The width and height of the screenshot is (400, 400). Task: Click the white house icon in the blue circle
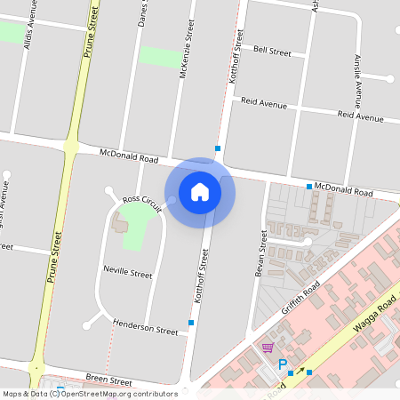pos(200,192)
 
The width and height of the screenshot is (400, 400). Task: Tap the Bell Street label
pos(272,52)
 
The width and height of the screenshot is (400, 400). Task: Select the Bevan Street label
pos(262,252)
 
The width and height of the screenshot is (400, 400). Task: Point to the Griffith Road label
pos(300,300)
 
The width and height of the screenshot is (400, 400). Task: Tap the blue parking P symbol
pos(283,364)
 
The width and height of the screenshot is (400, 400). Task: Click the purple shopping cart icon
pos(268,348)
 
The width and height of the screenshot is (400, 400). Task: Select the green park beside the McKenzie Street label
pos(159,56)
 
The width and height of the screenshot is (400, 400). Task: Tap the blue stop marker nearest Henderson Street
pos(191,322)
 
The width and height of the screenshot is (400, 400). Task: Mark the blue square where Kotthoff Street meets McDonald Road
pos(217,148)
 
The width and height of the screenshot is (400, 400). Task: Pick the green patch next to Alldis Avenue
pos(11,32)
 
